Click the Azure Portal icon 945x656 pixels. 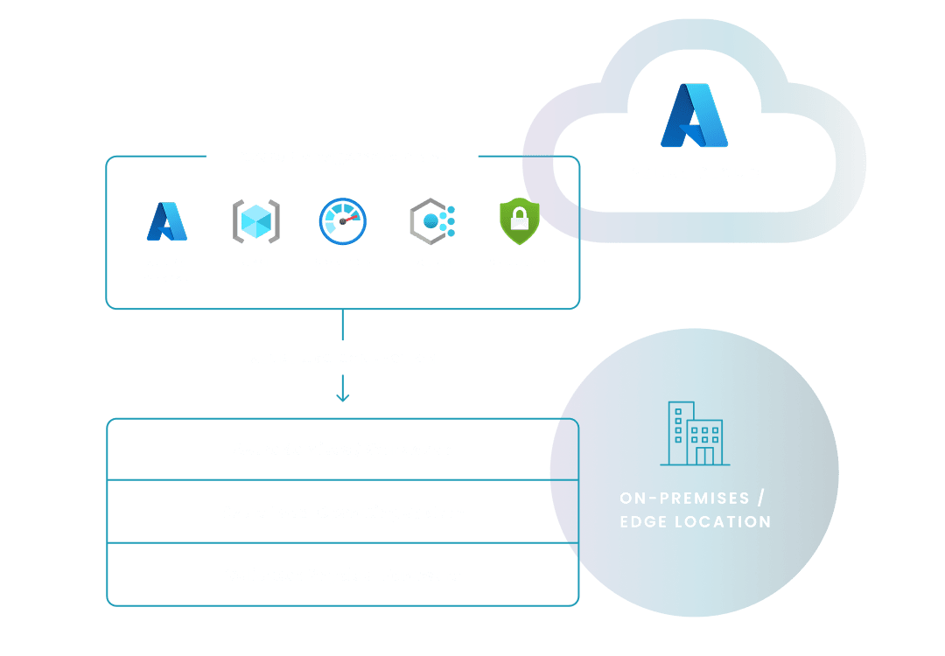click(x=166, y=221)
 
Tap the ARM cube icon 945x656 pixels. click(x=255, y=221)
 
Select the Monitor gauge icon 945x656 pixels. click(x=342, y=221)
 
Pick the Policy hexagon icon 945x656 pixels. click(x=431, y=221)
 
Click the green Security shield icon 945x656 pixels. click(x=520, y=221)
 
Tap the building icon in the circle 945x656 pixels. click(x=695, y=434)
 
